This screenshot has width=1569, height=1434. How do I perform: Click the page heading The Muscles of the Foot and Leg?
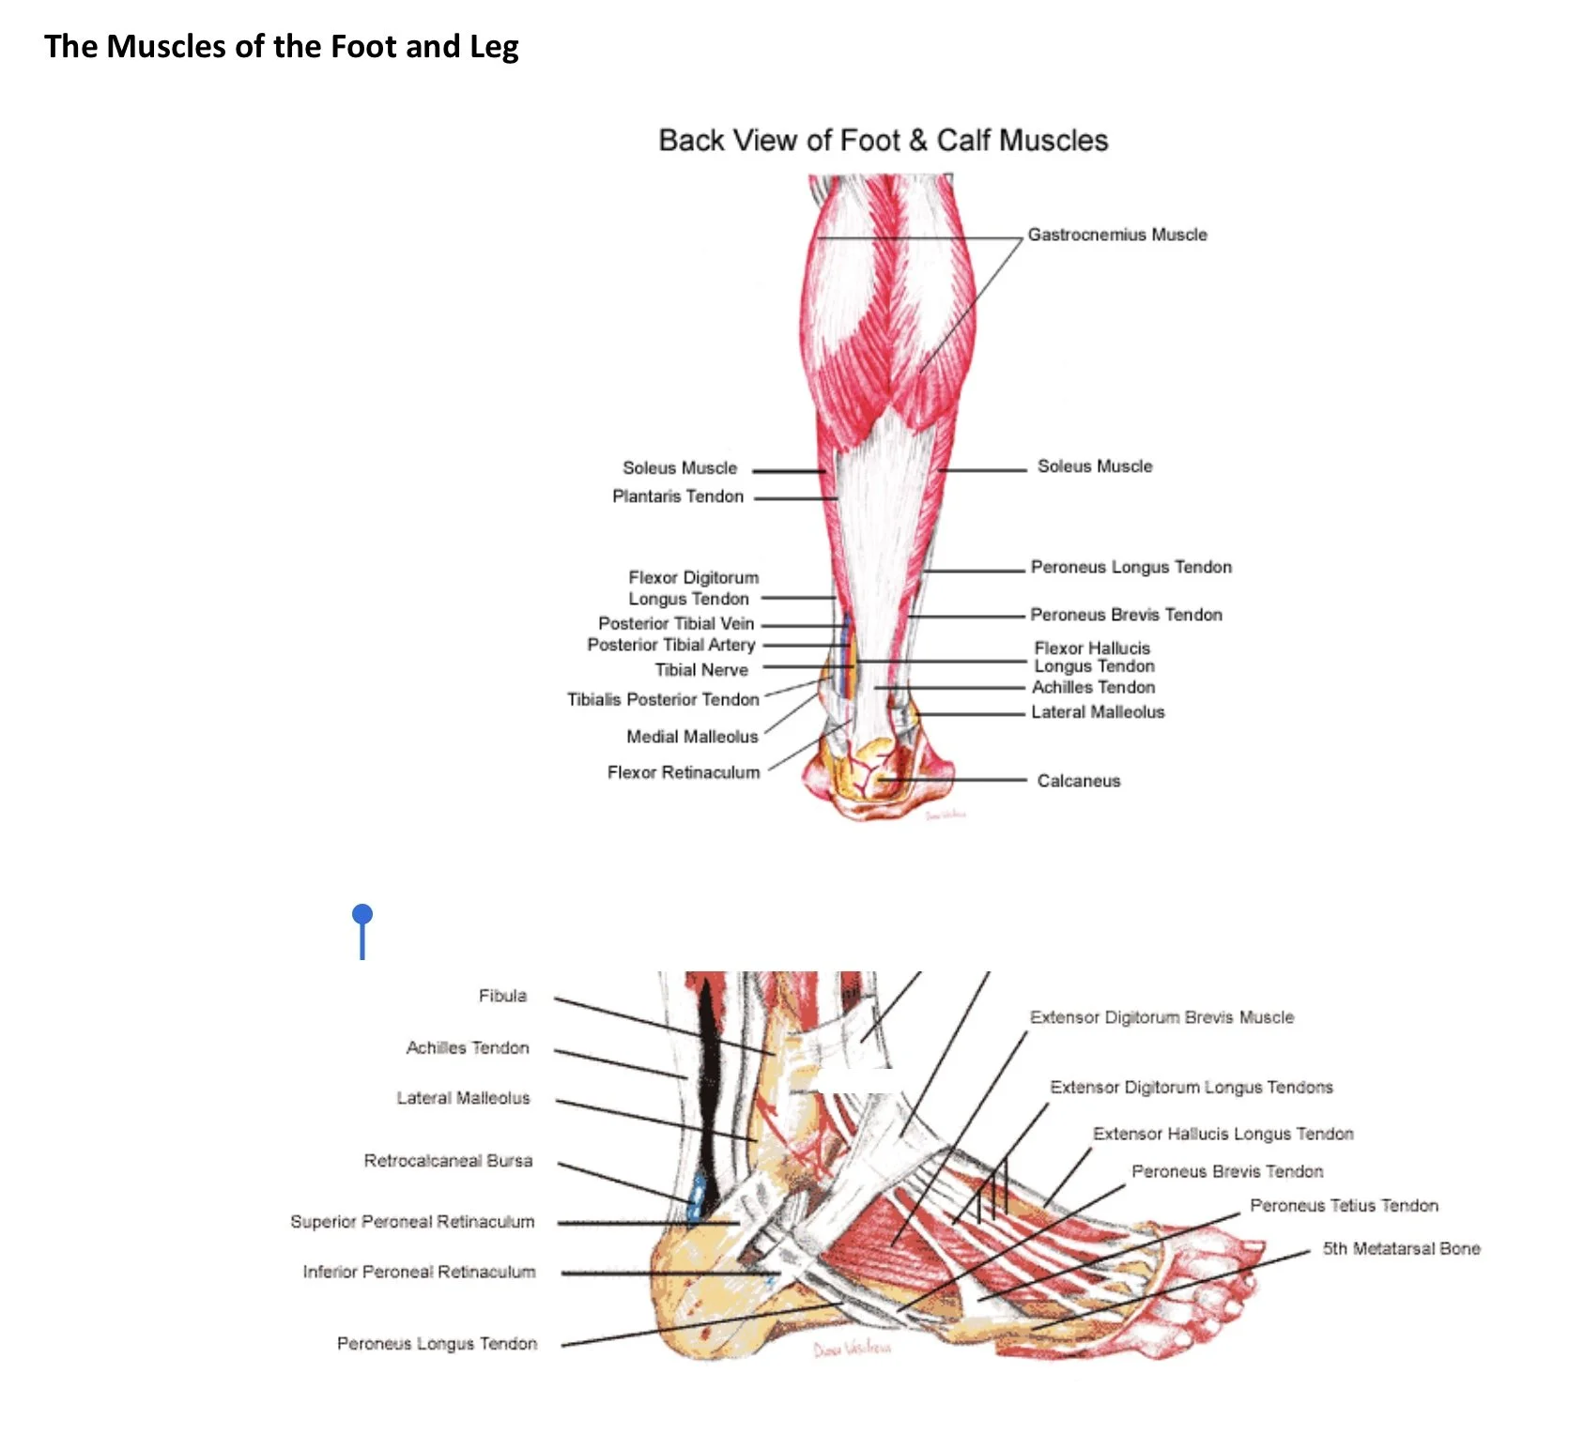point(281,46)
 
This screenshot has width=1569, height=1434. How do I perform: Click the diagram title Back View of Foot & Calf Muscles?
point(883,141)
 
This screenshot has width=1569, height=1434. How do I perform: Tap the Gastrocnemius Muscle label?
point(1116,235)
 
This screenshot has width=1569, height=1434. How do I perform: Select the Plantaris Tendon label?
point(677,496)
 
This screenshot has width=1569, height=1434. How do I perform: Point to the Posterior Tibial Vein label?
point(676,623)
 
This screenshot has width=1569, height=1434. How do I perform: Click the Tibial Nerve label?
point(701,670)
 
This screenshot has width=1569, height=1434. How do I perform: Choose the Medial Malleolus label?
point(692,737)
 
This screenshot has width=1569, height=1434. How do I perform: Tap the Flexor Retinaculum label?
point(683,772)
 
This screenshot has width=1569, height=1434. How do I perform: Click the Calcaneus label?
point(1078,781)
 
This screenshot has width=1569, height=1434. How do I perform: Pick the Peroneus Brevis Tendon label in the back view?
point(1126,615)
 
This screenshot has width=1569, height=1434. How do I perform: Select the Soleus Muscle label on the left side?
point(680,468)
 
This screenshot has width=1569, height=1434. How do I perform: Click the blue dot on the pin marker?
point(362,914)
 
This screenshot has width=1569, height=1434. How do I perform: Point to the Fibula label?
point(502,996)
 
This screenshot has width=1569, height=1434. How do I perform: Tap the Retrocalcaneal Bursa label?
point(448,1161)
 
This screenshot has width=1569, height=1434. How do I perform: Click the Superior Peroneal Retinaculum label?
point(412,1222)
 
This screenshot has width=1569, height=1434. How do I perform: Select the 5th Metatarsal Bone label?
point(1401,1249)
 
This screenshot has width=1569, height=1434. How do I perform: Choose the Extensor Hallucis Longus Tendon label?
point(1223,1134)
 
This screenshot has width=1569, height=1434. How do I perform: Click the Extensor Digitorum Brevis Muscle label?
point(1161,1017)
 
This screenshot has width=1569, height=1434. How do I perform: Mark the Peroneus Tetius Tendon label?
point(1344,1206)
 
